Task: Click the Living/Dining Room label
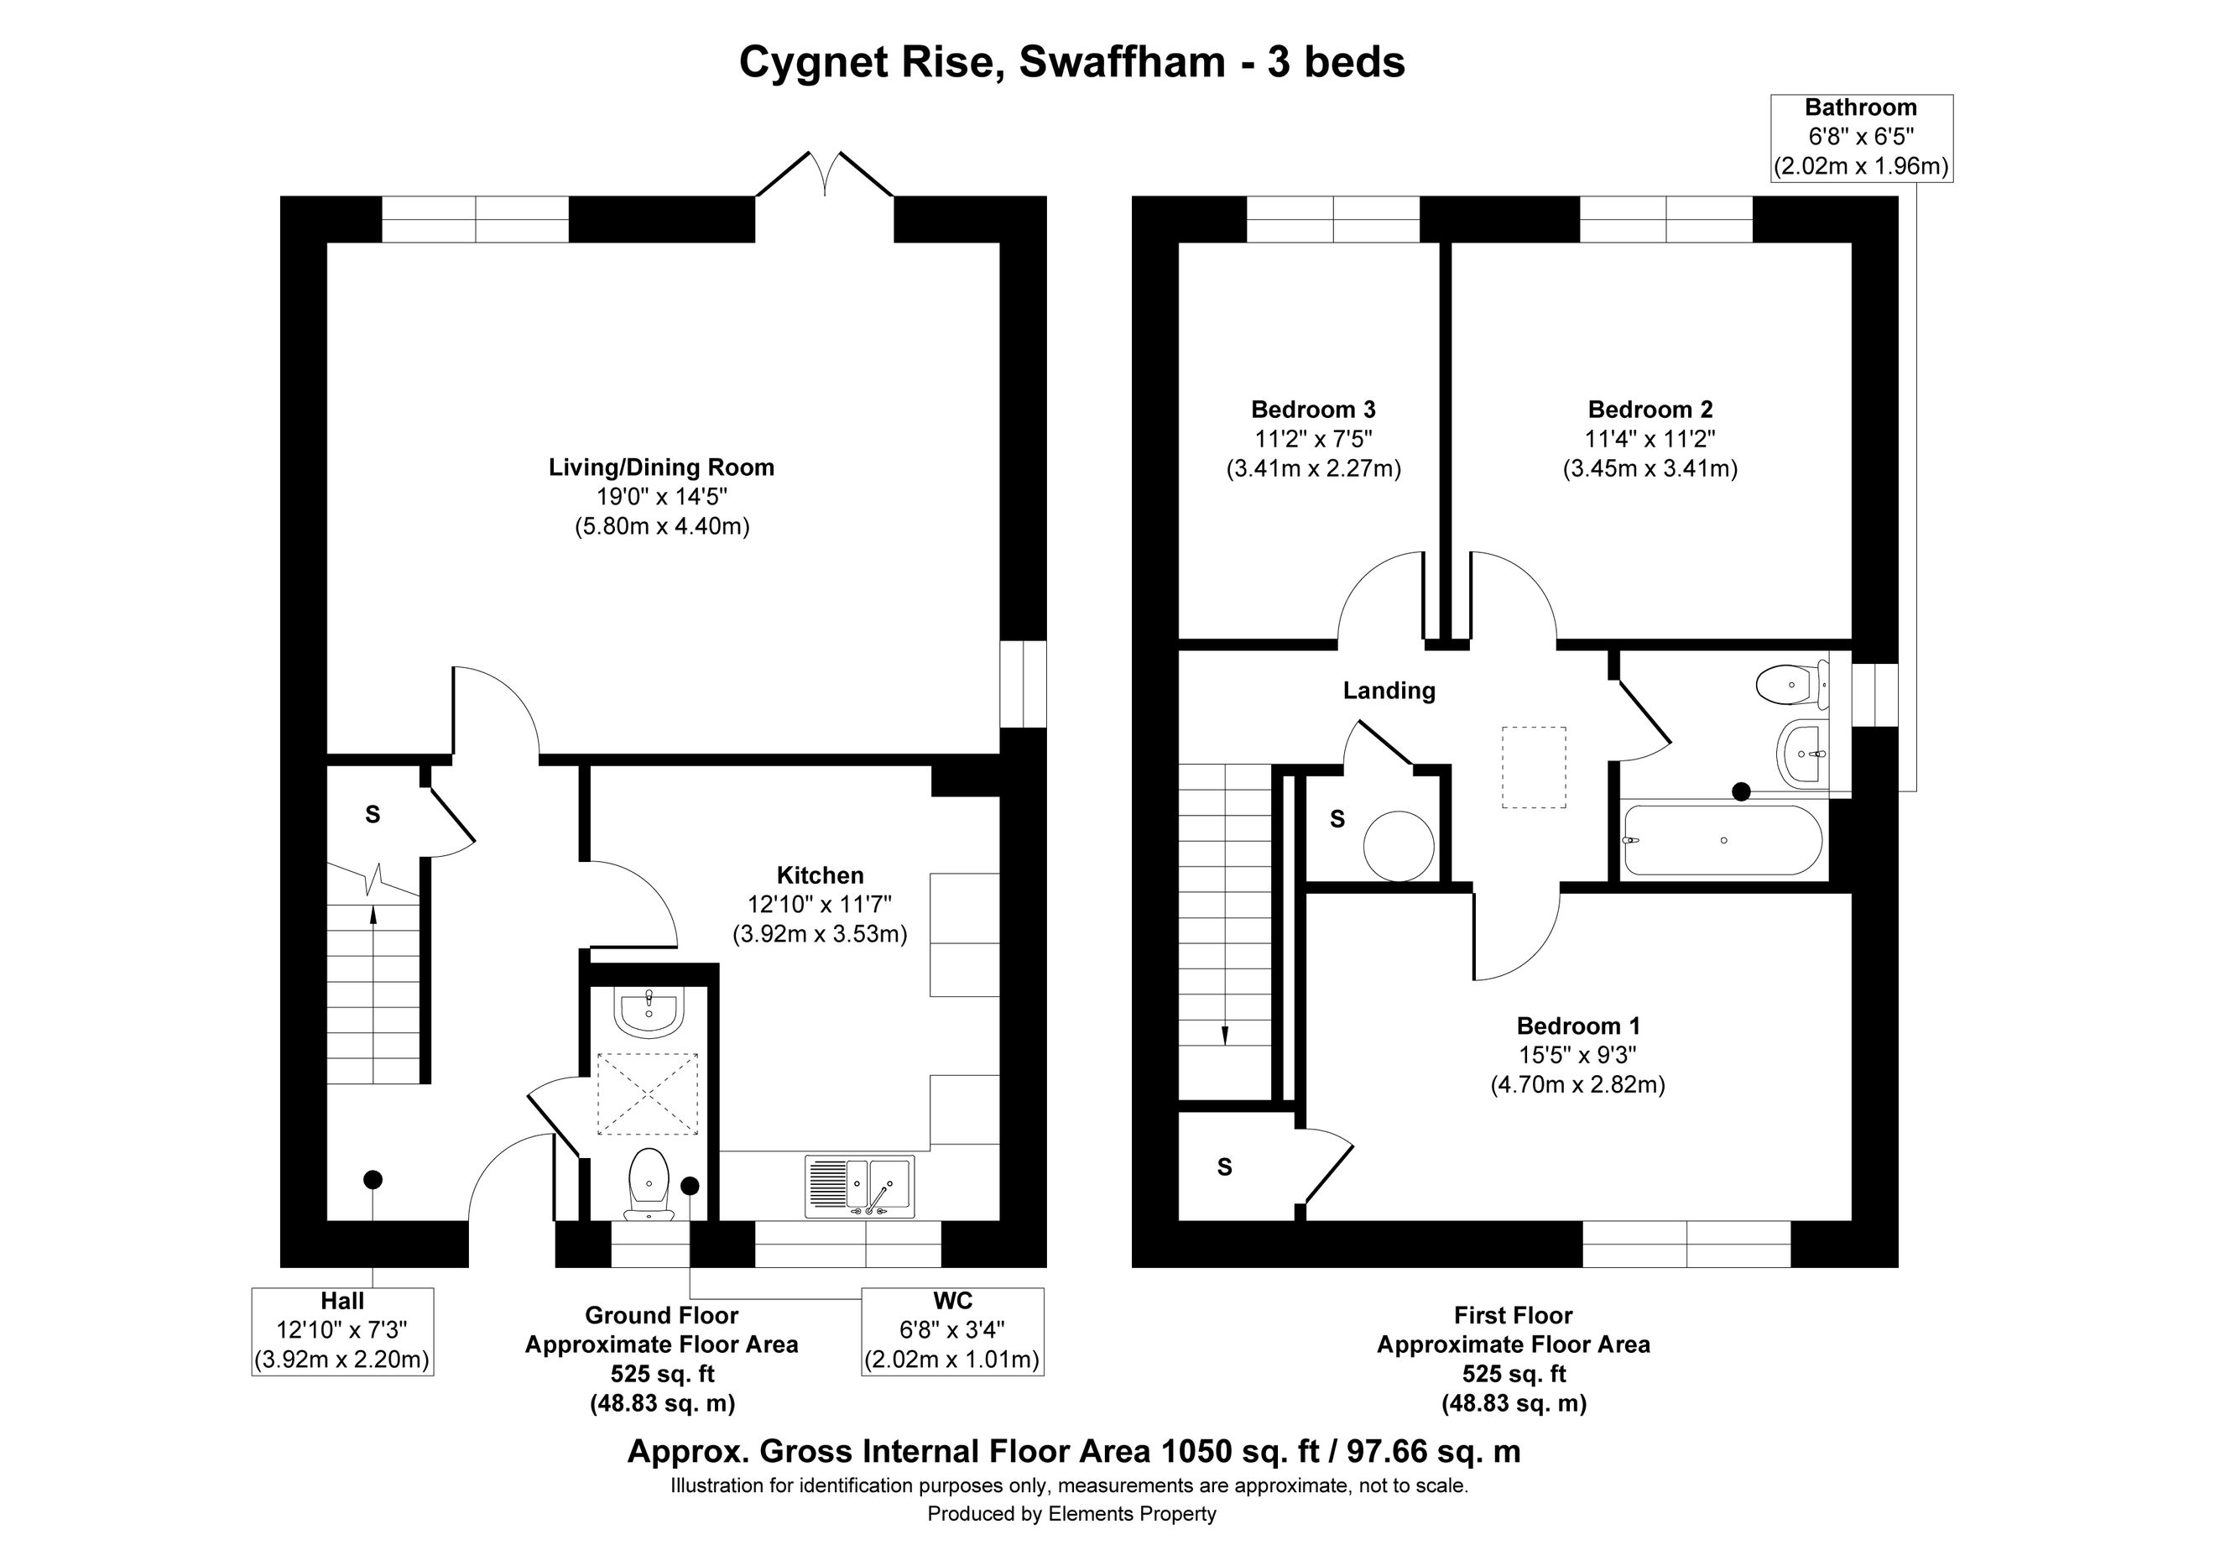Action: tap(662, 468)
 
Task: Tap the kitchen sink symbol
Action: tap(859, 1186)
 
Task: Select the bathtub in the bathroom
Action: tap(1723, 840)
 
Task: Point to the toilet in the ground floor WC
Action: tap(649, 1185)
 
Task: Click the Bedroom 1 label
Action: tap(1578, 1026)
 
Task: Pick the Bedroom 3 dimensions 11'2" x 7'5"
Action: tap(1313, 439)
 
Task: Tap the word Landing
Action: tap(1389, 691)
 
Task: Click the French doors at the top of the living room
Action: tap(825, 174)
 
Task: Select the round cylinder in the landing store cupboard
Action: tap(1399, 845)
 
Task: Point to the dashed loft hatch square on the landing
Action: tap(1534, 767)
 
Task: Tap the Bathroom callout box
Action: tap(1861, 138)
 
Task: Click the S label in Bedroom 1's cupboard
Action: tap(1225, 1167)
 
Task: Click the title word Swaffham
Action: tap(1122, 63)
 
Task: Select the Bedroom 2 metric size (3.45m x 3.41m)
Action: tap(1650, 469)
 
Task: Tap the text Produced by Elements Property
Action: tap(1071, 1514)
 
